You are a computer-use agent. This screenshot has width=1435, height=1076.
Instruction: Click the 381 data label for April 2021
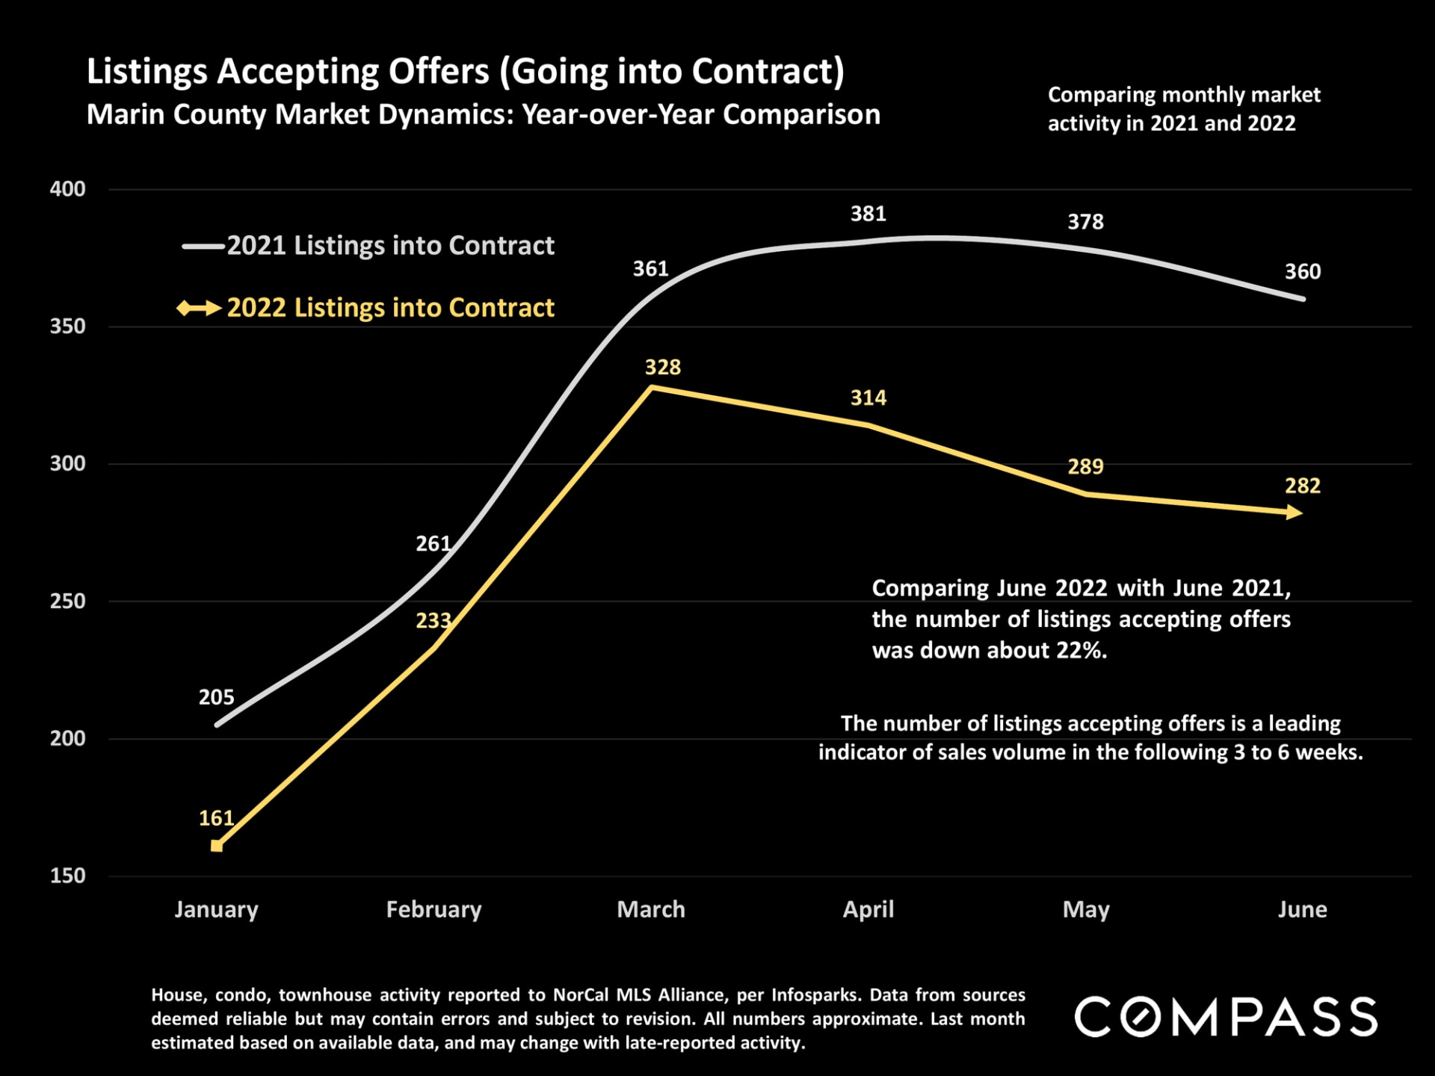868,214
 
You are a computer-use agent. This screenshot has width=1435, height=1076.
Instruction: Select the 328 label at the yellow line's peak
663,367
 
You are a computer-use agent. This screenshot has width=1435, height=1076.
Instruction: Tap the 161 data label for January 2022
216,818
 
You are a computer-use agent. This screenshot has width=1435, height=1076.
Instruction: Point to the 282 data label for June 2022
1302,486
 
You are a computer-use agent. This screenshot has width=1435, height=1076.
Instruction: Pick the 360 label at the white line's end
1302,271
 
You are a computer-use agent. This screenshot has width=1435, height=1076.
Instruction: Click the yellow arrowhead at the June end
1294,513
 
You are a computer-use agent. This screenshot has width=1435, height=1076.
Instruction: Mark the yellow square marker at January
217,846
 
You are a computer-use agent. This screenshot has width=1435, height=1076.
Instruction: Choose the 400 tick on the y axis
67,189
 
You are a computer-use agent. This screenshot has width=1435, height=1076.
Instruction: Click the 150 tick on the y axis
67,876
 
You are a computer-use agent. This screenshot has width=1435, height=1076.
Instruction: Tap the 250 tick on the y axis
67,601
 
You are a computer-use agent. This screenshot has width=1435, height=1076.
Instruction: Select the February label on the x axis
433,909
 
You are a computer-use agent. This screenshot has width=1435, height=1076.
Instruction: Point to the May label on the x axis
1085,909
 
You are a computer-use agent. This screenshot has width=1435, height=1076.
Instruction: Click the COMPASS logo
1226,1017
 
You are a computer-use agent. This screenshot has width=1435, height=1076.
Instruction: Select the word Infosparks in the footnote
815,995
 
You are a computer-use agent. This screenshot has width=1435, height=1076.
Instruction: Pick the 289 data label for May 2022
1085,467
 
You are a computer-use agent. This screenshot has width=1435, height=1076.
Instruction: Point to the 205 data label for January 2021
216,697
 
